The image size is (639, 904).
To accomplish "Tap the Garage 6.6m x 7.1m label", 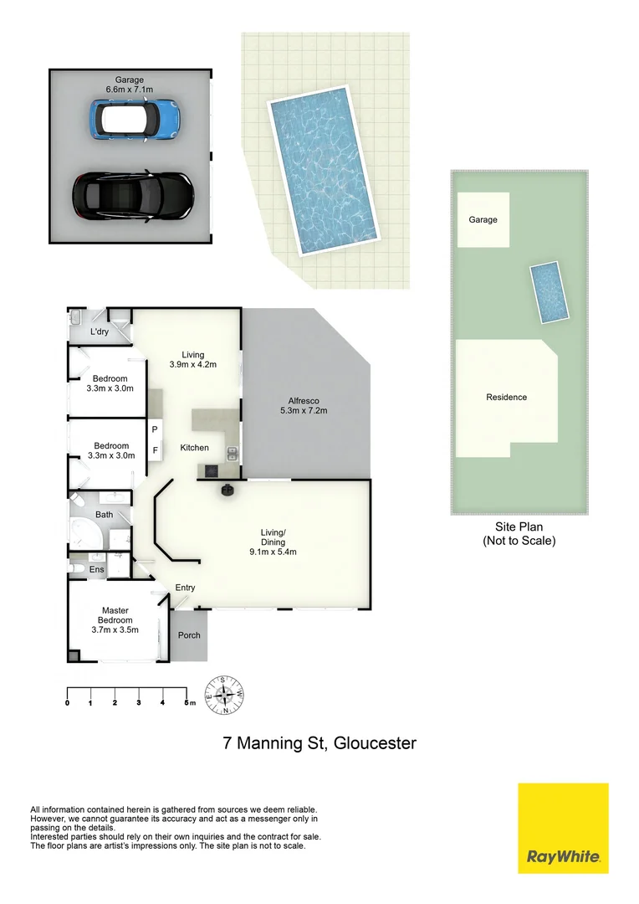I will tap(130, 85).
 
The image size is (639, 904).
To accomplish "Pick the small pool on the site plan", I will tap(550, 291).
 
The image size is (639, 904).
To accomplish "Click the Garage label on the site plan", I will tap(483, 220).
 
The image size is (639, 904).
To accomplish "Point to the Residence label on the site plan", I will tap(506, 398).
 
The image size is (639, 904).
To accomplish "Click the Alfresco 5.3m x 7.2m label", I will tap(302, 405).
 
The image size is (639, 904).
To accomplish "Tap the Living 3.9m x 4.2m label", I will tap(192, 360).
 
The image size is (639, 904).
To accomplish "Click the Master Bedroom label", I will tap(115, 620).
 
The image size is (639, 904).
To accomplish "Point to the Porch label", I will tap(189, 635).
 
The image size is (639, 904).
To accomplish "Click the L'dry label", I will tap(100, 332).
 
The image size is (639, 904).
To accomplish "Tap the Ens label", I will tap(98, 569).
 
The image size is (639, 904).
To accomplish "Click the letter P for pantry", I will tap(155, 429).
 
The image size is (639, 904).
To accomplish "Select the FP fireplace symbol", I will tap(227, 490).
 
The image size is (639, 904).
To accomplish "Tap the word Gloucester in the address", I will tap(375, 742).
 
